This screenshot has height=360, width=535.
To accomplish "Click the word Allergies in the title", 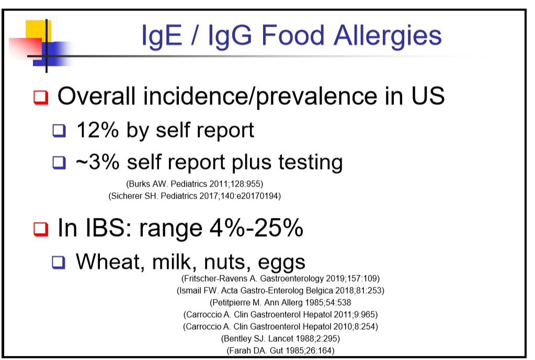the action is pyautogui.click(x=388, y=36).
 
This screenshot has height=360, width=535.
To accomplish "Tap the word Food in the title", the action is pyautogui.click(x=293, y=35).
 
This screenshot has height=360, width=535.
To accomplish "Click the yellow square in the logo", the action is pyautogui.click(x=38, y=31).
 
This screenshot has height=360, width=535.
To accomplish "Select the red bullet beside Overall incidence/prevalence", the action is pyautogui.click(x=41, y=97).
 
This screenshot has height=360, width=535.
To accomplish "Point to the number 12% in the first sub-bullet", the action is pyautogui.click(x=97, y=130).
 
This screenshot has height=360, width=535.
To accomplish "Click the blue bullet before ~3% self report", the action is pyautogui.click(x=59, y=162).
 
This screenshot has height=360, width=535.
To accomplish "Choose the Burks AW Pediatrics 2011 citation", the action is pyautogui.click(x=195, y=184).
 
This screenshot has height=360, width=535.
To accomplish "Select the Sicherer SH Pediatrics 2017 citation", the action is pyautogui.click(x=195, y=196).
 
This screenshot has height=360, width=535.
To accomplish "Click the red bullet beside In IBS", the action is pyautogui.click(x=41, y=229).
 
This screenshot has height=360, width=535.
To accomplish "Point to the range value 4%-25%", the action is pyautogui.click(x=256, y=227).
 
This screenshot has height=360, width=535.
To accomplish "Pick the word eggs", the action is pyautogui.click(x=281, y=263).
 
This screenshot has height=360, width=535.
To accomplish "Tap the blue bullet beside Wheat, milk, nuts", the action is pyautogui.click(x=59, y=262).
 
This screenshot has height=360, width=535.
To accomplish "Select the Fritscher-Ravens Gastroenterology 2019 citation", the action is pyautogui.click(x=280, y=279).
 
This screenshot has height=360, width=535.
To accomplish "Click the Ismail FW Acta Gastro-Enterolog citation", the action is pyautogui.click(x=280, y=291).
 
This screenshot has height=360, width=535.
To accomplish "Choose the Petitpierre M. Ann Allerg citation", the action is pyautogui.click(x=280, y=303).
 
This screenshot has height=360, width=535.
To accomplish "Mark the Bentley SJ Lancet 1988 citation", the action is pyautogui.click(x=280, y=339).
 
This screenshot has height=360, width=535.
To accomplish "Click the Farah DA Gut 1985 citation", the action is pyautogui.click(x=280, y=351).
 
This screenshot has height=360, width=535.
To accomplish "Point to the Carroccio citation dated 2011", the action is pyautogui.click(x=280, y=315).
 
